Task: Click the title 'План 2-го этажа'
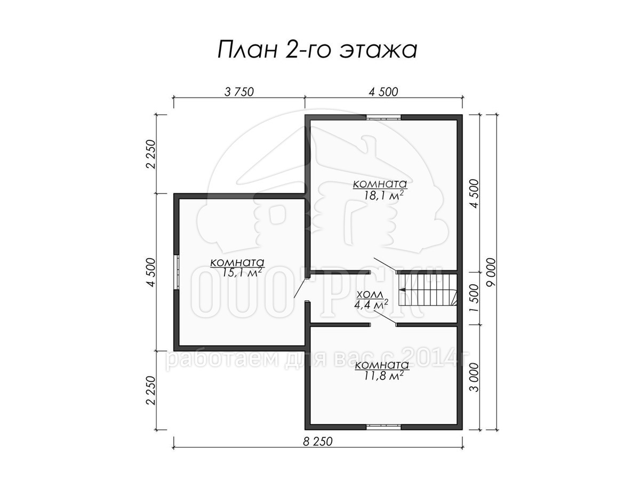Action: (317, 50)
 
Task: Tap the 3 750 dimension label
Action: (239, 92)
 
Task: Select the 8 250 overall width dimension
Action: (317, 442)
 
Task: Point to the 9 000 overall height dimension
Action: (491, 272)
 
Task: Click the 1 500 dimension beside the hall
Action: (475, 298)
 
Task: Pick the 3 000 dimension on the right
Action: (475, 377)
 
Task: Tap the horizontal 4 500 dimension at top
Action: (383, 92)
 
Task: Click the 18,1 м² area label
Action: (383, 196)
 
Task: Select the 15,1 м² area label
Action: (242, 272)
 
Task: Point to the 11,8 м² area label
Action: (383, 375)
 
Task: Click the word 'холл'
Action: (370, 294)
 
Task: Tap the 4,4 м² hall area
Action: (371, 305)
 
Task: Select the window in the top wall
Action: (383, 117)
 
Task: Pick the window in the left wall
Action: (177, 273)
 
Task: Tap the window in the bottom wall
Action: (383, 427)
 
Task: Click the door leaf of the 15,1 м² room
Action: (301, 287)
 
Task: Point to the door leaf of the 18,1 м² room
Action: (385, 265)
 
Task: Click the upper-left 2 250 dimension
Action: (152, 154)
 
